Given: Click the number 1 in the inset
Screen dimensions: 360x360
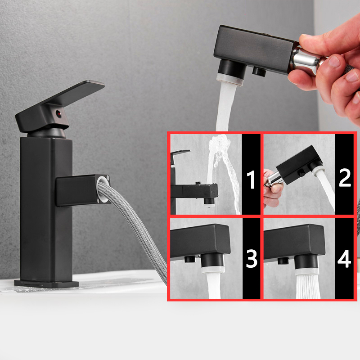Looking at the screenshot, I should [x=251, y=179].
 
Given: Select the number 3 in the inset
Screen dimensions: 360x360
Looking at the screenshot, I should [x=251, y=259].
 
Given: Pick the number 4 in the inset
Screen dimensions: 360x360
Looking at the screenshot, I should [x=345, y=259].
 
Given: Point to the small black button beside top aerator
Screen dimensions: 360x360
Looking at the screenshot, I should [x=258, y=71].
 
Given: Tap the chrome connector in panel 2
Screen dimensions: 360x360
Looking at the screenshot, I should [x=272, y=180].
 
